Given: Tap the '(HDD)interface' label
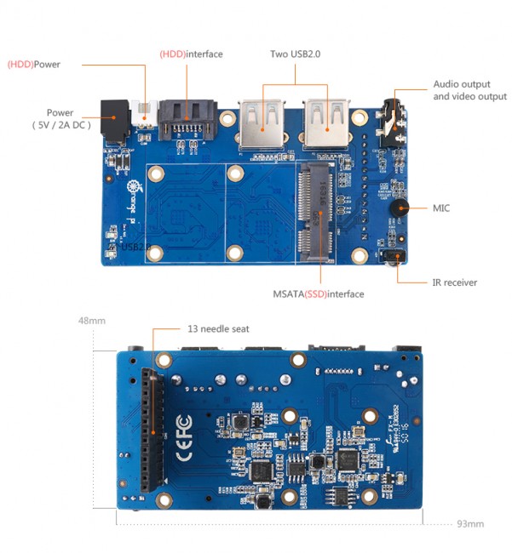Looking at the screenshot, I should [191, 54].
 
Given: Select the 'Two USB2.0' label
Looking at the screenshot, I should [295, 54].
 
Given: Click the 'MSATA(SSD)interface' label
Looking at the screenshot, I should [319, 294].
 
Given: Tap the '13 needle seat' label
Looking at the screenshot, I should [218, 328].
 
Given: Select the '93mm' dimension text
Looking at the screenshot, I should [470, 522].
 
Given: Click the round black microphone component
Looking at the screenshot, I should [395, 208].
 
